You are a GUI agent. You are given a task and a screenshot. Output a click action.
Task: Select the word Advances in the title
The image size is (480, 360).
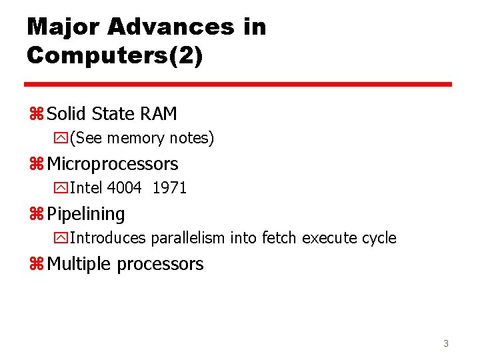(171, 27)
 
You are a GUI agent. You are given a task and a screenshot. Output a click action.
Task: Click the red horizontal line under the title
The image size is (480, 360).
(238, 85)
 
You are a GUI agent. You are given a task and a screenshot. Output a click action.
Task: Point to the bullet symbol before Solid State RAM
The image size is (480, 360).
(35, 115)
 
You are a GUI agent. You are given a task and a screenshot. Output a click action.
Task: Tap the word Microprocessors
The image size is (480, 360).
(113, 164)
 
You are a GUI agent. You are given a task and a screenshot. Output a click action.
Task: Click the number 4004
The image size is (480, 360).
(124, 188)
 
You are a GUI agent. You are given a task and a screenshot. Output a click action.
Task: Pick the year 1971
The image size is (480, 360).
(169, 188)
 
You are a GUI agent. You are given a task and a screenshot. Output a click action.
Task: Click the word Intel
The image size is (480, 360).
(86, 188)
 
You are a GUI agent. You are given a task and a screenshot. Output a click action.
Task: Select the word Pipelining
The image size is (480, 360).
(86, 215)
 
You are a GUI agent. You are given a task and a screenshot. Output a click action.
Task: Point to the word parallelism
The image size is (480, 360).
(189, 238)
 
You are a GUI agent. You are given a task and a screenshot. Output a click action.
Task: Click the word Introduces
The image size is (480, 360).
(108, 238)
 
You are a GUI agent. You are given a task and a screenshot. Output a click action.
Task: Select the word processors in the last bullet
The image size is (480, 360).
(160, 265)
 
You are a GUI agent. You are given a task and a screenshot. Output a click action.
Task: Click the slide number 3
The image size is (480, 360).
(446, 344)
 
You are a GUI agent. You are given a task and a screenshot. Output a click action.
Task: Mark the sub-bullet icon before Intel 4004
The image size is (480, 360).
(61, 189)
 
